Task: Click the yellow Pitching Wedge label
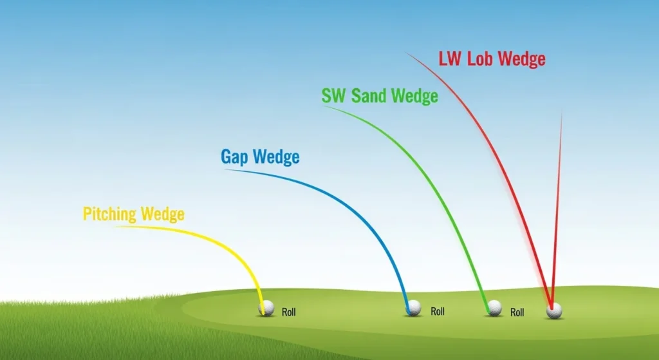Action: click(133, 214)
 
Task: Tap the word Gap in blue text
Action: click(236, 156)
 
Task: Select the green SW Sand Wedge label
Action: click(380, 96)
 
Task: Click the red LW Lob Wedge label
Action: click(492, 59)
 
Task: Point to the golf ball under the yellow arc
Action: click(266, 308)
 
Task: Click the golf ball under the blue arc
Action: click(414, 308)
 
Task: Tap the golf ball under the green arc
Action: click(494, 308)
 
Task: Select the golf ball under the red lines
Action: click(554, 311)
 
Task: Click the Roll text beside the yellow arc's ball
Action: click(289, 312)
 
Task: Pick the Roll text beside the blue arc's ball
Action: click(438, 312)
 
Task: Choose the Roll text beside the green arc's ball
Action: click(517, 312)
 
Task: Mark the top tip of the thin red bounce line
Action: click(562, 115)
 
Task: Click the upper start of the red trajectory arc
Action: click(407, 53)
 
